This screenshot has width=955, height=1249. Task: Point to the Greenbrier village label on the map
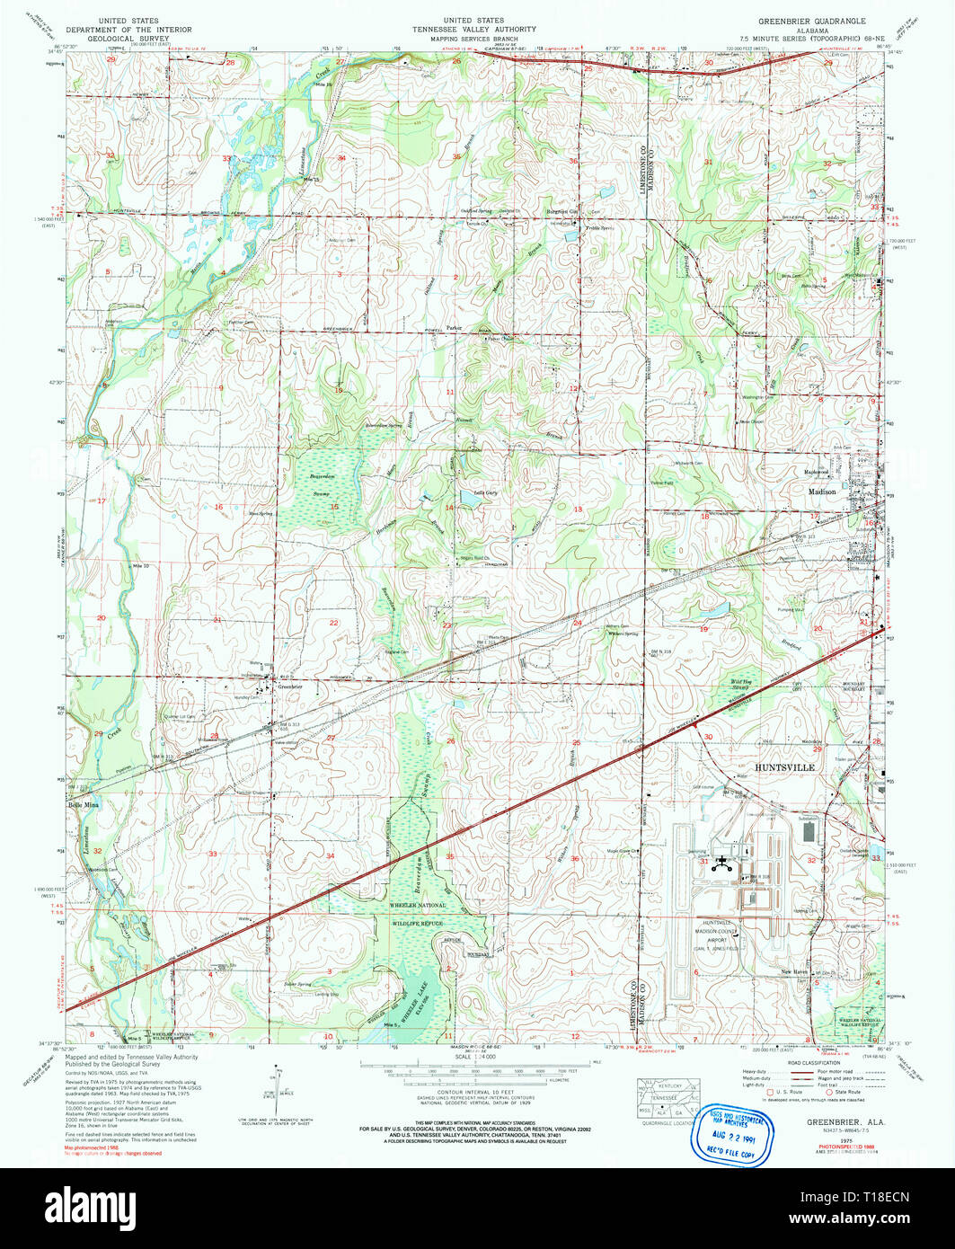289,687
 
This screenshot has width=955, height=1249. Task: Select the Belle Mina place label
83,805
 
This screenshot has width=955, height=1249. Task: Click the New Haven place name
794,972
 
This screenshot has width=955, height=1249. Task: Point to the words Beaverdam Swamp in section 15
322,489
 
